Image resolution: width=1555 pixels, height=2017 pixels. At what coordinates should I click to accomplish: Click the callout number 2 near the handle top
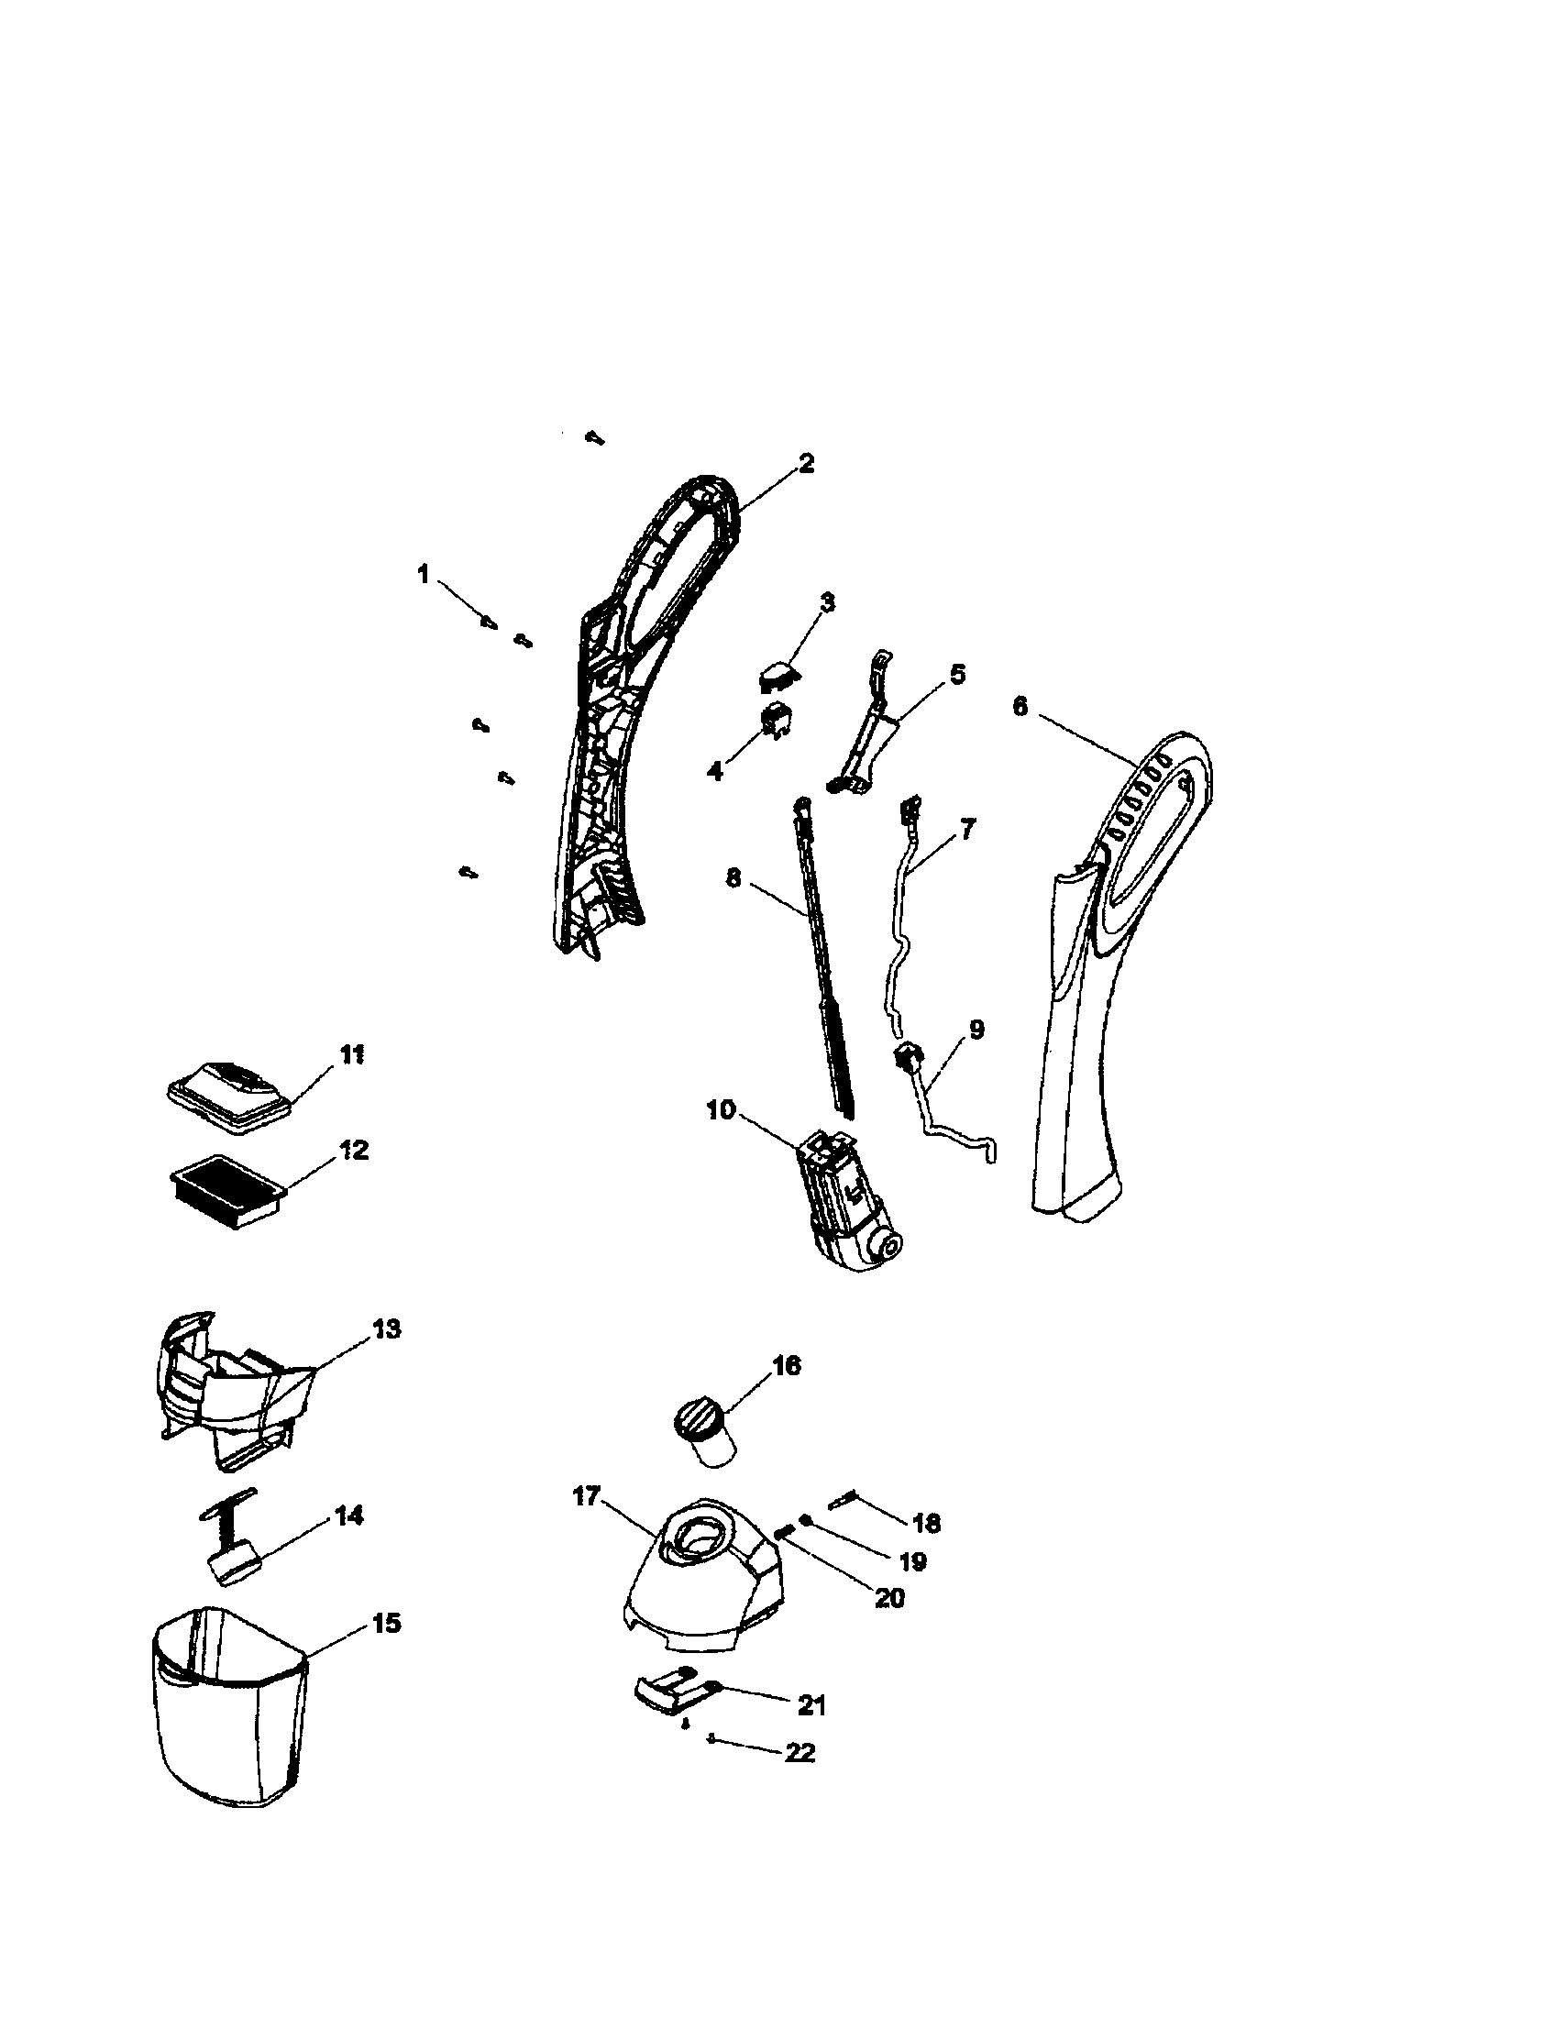[x=806, y=464]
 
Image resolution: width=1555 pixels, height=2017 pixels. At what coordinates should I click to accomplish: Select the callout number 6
[x=1019, y=707]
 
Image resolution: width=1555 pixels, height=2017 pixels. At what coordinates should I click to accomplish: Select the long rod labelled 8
[x=823, y=961]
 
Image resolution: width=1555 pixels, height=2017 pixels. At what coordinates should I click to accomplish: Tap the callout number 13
[x=386, y=1329]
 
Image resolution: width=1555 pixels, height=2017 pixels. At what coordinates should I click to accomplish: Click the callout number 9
[x=976, y=1029]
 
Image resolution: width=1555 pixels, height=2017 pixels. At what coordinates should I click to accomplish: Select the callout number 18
[x=925, y=1523]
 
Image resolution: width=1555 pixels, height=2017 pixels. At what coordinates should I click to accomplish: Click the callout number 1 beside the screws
[x=423, y=575]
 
